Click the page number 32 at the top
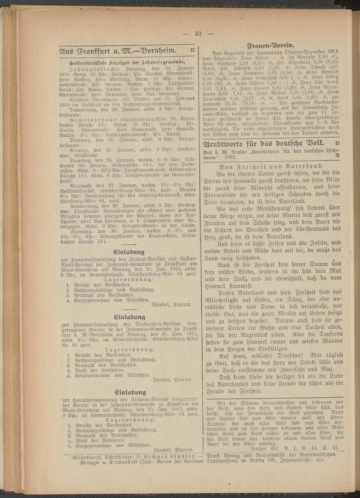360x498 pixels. point(198,34)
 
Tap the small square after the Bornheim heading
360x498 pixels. point(192,50)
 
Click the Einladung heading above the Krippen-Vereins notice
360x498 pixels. point(130,392)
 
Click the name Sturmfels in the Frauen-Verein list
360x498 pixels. point(215,97)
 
